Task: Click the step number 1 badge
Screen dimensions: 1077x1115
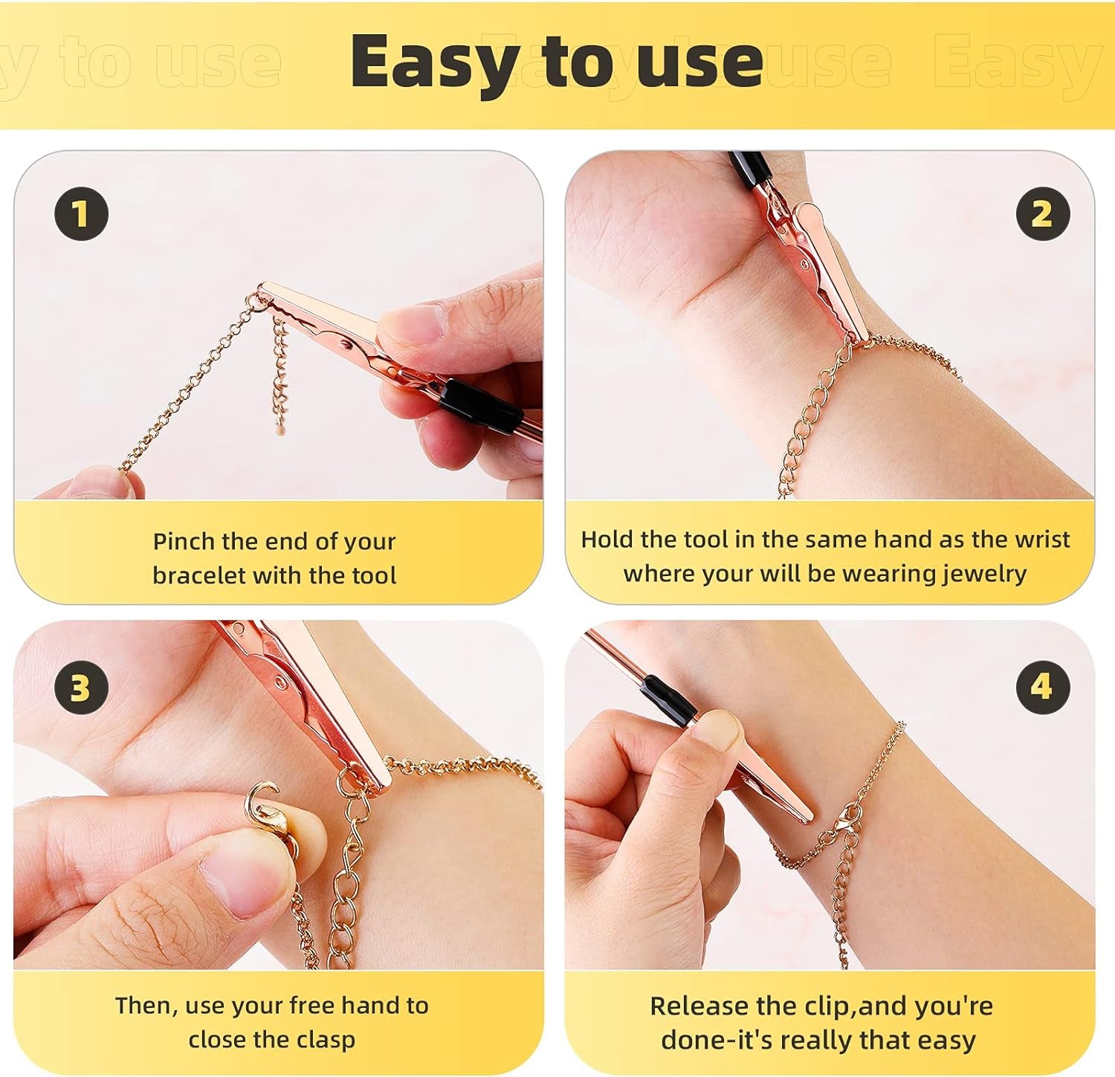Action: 81,214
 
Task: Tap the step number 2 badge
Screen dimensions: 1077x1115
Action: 1042,214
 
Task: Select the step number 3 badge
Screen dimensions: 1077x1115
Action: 81,688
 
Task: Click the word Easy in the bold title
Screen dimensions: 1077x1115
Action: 435,63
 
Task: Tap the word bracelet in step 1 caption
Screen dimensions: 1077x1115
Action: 198,575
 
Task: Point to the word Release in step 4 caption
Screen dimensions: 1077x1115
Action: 699,1006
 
